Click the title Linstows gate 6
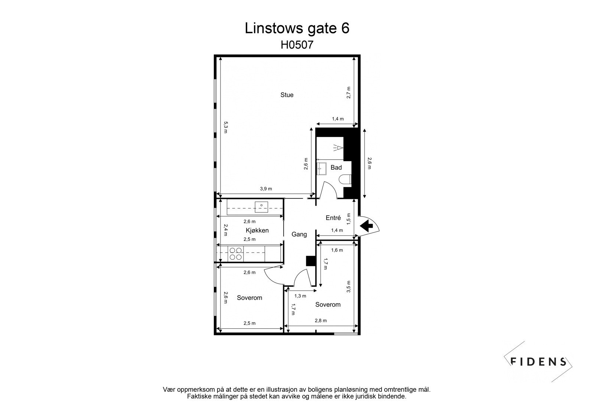pos(297,28)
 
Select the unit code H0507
pos(297,45)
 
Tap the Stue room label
pos(287,95)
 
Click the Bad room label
pos(336,167)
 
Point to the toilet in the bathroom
pos(345,179)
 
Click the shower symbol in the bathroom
pos(337,147)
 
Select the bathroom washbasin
pos(321,168)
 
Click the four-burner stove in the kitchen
pos(236,253)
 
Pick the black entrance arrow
pos(367,225)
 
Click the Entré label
pos(333,218)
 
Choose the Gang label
pos(299,234)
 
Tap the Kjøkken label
pos(257,230)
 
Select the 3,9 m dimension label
pos(266,189)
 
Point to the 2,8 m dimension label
pos(320,320)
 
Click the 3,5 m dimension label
pos(349,287)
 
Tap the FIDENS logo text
pos(538,361)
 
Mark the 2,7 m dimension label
pos(349,92)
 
